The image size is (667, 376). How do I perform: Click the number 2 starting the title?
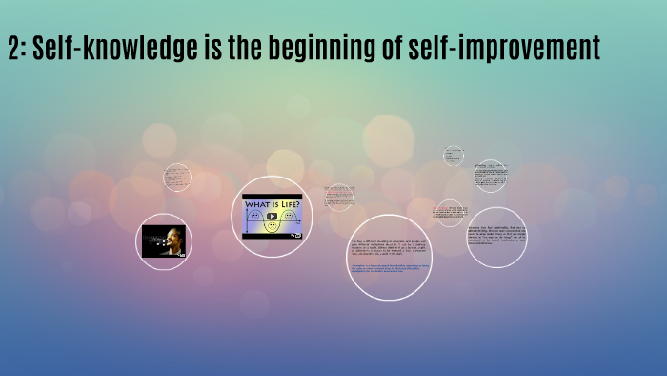(x=13, y=48)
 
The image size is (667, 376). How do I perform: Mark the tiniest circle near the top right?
(x=453, y=155)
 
